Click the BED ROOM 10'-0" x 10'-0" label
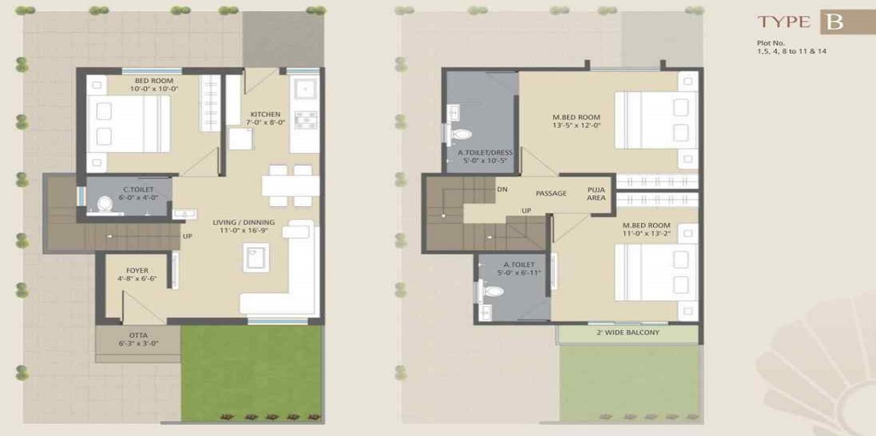tap(154, 85)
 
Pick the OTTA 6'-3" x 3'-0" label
tap(137, 339)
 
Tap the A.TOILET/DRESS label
tap(485, 156)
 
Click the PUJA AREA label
tap(596, 193)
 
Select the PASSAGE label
tap(552, 193)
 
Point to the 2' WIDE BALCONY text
tap(628, 333)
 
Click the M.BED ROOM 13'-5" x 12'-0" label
tap(576, 121)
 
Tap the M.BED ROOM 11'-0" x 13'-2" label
tap(646, 228)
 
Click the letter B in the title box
tap(833, 22)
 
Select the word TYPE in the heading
tap(785, 23)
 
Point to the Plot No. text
tap(771, 43)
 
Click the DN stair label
tap(502, 189)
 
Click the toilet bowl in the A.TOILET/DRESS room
tap(461, 134)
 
